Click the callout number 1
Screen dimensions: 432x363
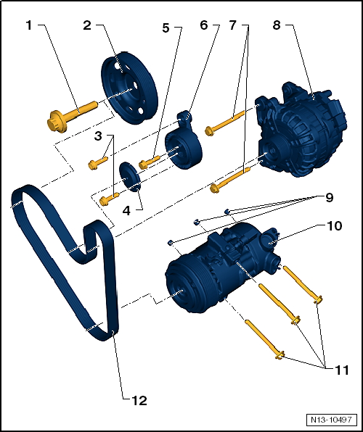[x=29, y=25]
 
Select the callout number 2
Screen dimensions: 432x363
[x=87, y=25]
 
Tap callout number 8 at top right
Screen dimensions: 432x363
[x=276, y=25]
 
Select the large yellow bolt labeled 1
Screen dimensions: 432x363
[x=73, y=111]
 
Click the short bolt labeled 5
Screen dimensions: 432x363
[x=150, y=162]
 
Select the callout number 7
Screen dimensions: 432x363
[x=232, y=25]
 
